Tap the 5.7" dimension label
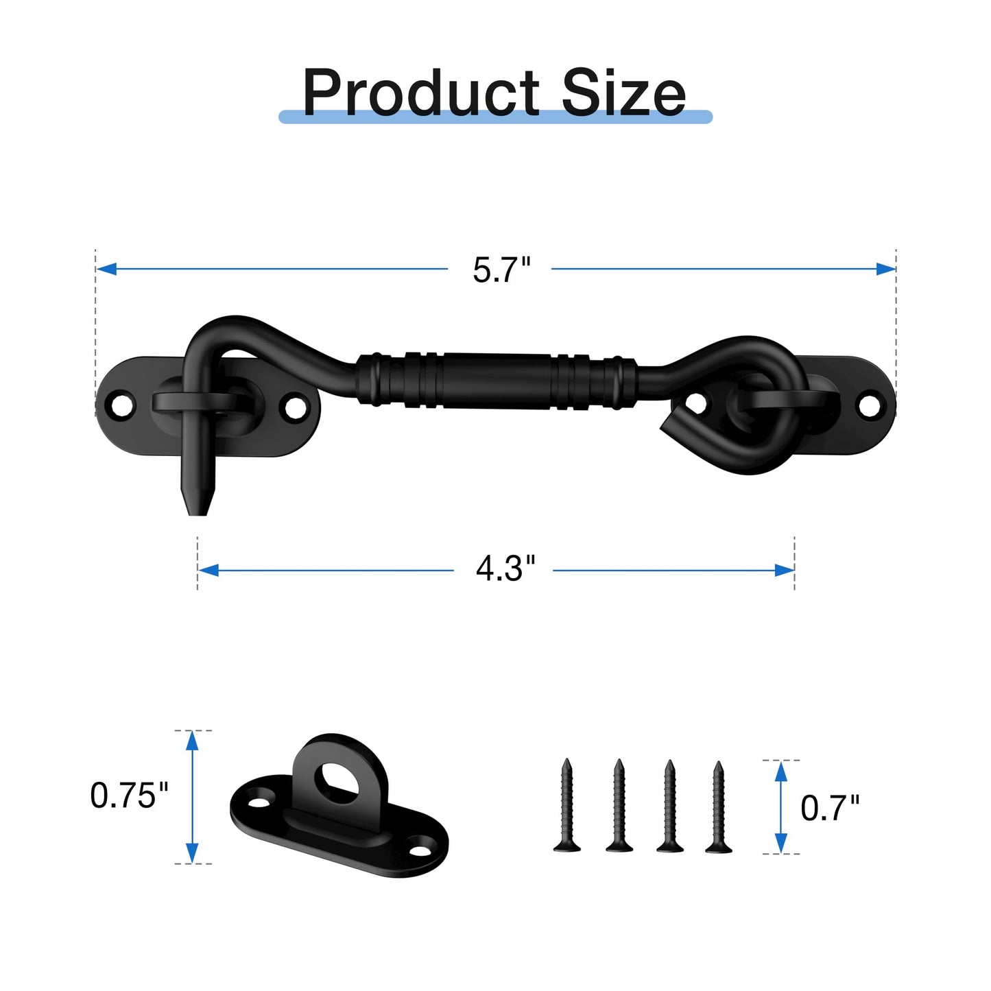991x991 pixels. [x=501, y=270]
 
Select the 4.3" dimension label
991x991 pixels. [x=505, y=569]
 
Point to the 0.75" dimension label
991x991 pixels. [x=129, y=796]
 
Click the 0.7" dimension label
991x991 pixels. [x=830, y=808]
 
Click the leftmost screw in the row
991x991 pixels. [x=567, y=806]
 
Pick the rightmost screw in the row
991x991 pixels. [x=718, y=807]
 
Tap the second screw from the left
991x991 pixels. [x=619, y=806]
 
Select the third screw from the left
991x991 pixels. [x=669, y=806]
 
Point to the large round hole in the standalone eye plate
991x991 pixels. [x=336, y=780]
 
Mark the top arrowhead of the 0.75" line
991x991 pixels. [x=192, y=740]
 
